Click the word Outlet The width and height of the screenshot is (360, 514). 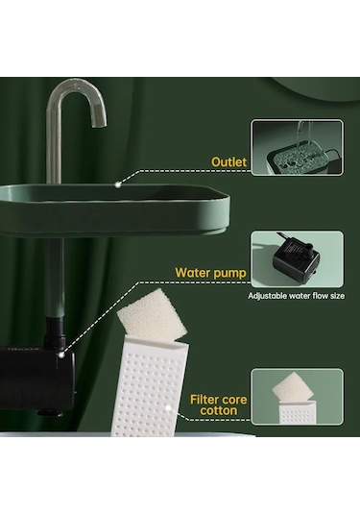click(229, 162)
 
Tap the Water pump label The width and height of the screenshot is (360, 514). click(210, 273)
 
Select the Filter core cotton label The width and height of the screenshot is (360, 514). click(219, 404)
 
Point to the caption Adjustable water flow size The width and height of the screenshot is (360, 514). click(296, 296)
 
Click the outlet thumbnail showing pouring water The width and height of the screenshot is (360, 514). click(298, 148)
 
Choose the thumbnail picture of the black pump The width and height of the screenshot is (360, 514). click(298, 259)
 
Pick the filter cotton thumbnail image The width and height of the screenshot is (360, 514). click(298, 397)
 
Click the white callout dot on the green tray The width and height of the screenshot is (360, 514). click(118, 184)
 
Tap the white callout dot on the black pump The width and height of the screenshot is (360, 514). click(60, 355)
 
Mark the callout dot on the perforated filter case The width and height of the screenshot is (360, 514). click(168, 408)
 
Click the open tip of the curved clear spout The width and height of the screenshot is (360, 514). click(99, 123)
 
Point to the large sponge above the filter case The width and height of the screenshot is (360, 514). click(152, 315)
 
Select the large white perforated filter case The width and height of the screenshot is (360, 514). click(150, 387)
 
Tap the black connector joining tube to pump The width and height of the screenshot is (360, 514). click(55, 332)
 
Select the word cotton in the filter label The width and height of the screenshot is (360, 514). click(219, 411)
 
